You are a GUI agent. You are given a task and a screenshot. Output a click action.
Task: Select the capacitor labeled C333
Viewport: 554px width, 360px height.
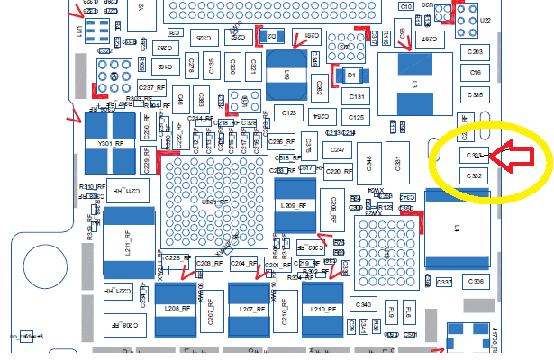click(475, 156)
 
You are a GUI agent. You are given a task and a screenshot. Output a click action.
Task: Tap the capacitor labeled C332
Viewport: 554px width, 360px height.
click(475, 176)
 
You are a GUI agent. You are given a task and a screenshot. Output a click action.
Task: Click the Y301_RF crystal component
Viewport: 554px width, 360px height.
click(110, 142)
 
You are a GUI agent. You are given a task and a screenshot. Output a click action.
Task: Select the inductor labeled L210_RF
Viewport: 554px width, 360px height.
click(323, 310)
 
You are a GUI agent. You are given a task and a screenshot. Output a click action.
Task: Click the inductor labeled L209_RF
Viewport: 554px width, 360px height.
click(288, 205)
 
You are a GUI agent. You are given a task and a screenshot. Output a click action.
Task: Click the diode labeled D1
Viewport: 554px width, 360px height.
click(352, 76)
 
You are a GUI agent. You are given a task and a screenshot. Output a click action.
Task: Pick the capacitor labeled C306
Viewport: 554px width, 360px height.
click(477, 283)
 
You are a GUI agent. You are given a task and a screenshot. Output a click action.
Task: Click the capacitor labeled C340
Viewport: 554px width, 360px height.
click(364, 306)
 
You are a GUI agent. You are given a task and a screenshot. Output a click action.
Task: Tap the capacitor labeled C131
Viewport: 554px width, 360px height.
click(356, 96)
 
